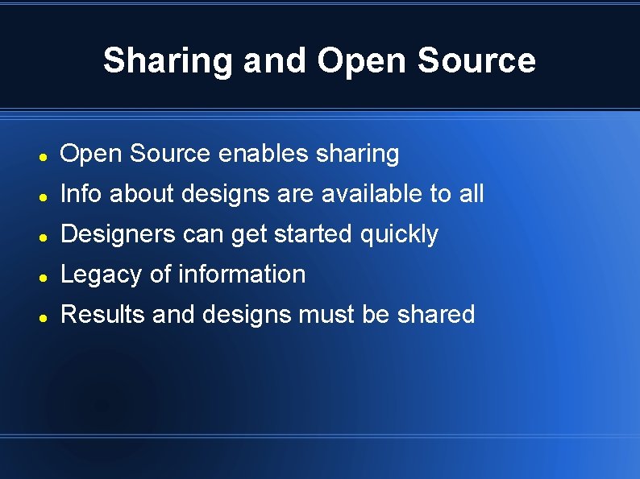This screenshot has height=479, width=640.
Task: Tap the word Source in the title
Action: [488, 61]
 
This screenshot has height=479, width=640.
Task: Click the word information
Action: [242, 275]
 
